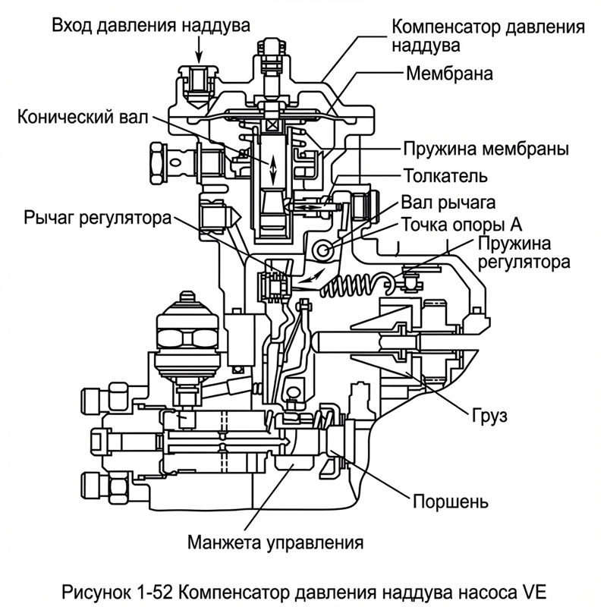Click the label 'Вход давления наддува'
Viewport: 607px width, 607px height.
pyautogui.click(x=150, y=25)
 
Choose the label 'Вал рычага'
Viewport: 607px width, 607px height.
pyautogui.click(x=448, y=203)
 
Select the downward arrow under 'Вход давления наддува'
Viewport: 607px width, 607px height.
pyautogui.click(x=199, y=49)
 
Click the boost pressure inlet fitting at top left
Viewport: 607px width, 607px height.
pyautogui.click(x=196, y=82)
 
